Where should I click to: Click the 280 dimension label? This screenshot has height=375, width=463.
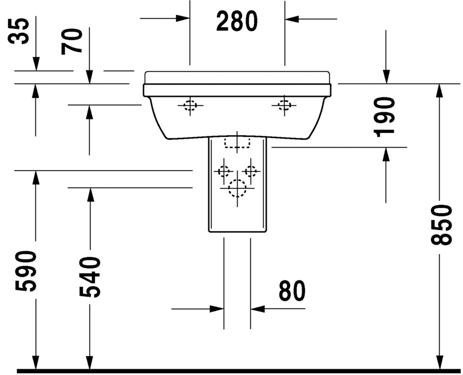[237, 21]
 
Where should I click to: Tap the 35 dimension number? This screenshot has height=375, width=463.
[18, 31]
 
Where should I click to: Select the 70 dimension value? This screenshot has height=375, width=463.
[72, 42]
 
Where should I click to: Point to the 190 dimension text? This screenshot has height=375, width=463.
[384, 117]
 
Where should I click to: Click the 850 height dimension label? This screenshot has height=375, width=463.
[441, 224]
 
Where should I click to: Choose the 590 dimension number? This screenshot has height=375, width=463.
[25, 271]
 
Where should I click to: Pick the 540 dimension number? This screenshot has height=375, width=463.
[90, 277]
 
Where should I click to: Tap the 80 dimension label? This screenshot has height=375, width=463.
[292, 291]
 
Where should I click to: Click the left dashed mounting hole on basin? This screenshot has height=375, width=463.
[190, 105]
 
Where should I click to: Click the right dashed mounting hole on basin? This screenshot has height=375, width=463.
[284, 105]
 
